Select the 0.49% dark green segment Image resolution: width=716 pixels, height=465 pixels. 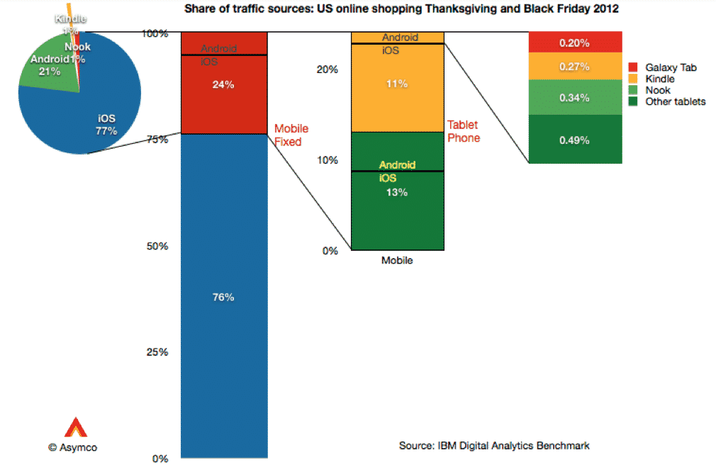575,140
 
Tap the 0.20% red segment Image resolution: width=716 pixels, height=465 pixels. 575,43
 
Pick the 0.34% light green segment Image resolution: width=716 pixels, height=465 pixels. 575,97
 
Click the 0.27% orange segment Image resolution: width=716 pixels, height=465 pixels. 575,67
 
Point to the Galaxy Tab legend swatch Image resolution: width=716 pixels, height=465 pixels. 633,67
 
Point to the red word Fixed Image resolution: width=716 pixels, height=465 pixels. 288,141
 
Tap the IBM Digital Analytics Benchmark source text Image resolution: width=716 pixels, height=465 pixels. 494,445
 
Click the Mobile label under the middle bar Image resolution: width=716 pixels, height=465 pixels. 397,260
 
